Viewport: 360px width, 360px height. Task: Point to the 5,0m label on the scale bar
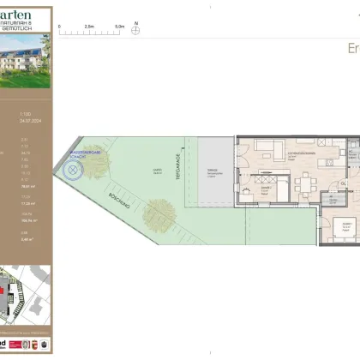pos(118,26)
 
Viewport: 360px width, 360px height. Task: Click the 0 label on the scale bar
pos(59,26)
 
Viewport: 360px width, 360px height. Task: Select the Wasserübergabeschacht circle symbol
pos(75,171)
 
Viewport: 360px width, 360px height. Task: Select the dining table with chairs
pos(305,184)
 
